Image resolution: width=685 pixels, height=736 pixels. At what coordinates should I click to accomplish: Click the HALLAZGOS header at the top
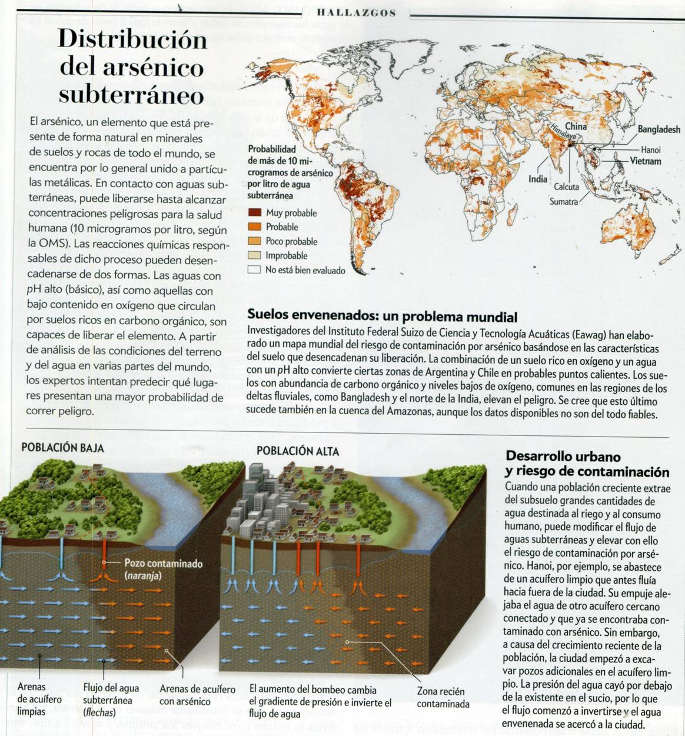(356, 12)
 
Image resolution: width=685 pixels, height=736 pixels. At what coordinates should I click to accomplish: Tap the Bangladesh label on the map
(659, 129)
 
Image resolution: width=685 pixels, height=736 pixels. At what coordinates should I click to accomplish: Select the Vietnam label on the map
(645, 161)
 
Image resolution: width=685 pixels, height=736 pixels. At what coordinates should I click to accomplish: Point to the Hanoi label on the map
(650, 149)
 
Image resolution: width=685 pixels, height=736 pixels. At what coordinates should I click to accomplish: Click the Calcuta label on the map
(566, 187)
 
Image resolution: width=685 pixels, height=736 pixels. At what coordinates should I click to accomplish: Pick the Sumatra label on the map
(563, 201)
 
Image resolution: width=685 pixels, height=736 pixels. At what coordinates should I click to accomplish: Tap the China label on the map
(576, 126)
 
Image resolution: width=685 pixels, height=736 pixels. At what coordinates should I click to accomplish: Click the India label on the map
(537, 179)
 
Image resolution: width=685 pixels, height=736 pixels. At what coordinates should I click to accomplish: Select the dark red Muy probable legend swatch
(254, 213)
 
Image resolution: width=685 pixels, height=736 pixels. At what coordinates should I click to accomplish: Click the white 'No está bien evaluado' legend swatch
(254, 269)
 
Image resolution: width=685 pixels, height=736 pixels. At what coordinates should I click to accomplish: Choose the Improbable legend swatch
(254, 255)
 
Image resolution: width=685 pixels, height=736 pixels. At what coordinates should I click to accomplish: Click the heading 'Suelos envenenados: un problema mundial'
(382, 317)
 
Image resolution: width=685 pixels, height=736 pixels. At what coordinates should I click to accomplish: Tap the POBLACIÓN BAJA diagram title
(62, 448)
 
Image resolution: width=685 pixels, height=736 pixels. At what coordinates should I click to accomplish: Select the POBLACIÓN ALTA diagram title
(297, 451)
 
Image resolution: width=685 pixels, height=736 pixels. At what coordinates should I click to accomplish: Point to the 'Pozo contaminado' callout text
(163, 564)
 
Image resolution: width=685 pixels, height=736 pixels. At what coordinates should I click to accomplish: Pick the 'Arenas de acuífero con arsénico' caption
(197, 695)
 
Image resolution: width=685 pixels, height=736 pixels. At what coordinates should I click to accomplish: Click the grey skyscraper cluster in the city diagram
(259, 500)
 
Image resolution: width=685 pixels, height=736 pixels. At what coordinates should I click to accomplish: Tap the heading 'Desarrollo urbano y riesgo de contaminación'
(587, 464)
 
